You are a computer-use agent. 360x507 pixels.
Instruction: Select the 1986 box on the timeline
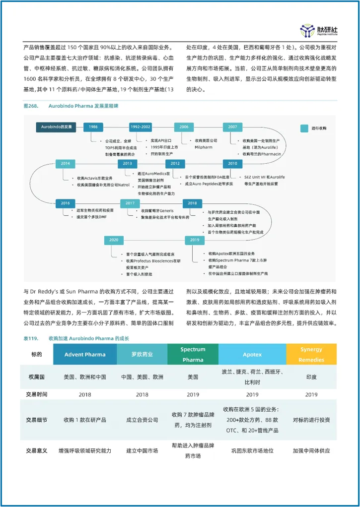93,127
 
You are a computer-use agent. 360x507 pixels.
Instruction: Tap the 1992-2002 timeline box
140,127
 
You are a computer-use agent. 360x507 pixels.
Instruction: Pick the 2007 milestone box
232,127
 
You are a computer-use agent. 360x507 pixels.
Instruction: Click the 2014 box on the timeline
65,163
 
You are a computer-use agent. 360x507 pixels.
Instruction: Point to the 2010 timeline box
232,163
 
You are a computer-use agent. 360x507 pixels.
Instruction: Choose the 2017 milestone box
130,203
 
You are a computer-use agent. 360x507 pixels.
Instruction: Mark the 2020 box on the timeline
114,240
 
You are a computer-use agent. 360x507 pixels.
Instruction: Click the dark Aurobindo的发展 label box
57,127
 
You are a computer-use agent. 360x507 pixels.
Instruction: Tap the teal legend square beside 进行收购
304,128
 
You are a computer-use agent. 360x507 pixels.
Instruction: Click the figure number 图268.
31,106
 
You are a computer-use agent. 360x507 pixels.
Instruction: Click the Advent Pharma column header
84,354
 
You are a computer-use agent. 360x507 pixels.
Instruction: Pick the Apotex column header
252,354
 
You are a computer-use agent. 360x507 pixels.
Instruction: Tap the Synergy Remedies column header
311,354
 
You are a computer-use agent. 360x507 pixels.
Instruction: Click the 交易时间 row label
37,395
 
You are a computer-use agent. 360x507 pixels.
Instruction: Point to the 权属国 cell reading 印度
311,377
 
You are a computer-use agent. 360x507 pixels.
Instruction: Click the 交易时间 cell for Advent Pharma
84,395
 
